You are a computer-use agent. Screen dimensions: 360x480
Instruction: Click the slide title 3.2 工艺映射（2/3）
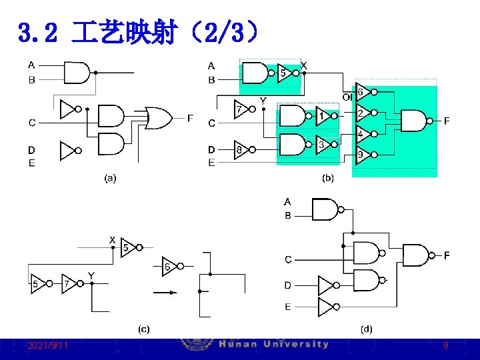click(137, 31)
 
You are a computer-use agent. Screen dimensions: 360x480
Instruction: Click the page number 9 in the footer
click(445, 346)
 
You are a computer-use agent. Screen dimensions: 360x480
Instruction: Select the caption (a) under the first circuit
click(109, 178)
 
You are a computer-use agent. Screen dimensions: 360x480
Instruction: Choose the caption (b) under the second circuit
click(327, 178)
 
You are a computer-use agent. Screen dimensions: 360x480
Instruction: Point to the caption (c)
click(143, 329)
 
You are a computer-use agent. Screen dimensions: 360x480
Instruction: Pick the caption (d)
click(367, 329)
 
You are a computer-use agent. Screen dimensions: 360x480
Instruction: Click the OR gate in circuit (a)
click(159, 118)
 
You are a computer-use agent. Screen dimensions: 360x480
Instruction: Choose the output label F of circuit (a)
click(190, 119)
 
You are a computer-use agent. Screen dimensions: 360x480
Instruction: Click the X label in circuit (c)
click(112, 239)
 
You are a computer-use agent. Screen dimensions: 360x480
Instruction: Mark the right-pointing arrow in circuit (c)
click(165, 292)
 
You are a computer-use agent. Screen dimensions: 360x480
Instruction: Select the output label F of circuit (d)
click(447, 255)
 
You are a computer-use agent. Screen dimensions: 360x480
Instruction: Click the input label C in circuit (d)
click(288, 259)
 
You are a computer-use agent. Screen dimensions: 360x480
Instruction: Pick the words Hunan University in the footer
click(274, 345)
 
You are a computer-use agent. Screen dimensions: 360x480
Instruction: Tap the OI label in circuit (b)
click(347, 97)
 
